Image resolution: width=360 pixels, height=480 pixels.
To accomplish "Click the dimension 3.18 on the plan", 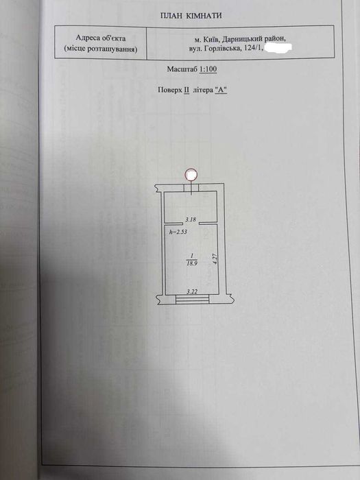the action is (x=191, y=219).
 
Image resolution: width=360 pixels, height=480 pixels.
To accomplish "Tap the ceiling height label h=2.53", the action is (x=178, y=232).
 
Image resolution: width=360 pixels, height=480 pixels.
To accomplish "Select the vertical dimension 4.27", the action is (x=215, y=259).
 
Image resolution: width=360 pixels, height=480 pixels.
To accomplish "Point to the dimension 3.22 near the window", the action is (x=191, y=291).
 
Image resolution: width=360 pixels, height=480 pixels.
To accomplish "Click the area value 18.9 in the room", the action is (x=192, y=262).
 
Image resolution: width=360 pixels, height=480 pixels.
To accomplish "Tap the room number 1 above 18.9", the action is (x=191, y=255).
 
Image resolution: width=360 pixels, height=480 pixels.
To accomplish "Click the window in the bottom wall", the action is (x=193, y=298).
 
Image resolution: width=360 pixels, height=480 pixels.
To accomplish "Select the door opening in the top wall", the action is (x=191, y=188).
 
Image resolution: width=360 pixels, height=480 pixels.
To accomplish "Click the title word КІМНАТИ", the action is (x=205, y=16).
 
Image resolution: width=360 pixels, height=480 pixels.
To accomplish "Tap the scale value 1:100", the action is (x=208, y=69).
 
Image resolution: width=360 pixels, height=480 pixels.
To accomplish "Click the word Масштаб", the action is (x=182, y=69).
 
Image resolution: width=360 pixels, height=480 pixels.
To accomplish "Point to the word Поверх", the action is (x=169, y=90).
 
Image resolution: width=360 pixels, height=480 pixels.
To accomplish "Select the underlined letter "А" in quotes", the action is (x=221, y=90).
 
